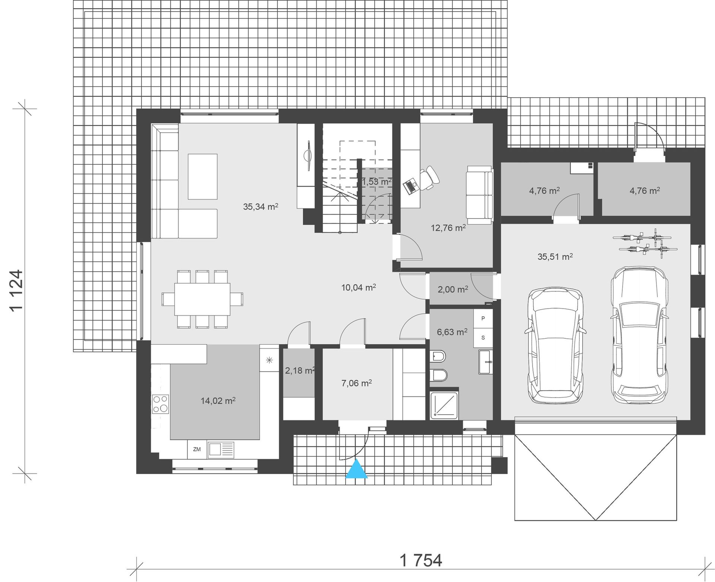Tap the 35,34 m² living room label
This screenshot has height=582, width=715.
(261, 206)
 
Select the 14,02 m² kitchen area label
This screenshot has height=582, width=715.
(218, 401)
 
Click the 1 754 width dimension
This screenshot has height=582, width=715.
(421, 560)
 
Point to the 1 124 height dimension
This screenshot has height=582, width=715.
(18, 290)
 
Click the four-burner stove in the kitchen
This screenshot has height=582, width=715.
(161, 404)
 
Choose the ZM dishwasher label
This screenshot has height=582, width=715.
(197, 449)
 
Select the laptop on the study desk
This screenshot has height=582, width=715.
(410, 186)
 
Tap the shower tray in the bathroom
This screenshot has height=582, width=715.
(444, 405)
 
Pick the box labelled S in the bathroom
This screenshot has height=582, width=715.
(483, 338)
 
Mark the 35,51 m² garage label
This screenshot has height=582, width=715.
(555, 256)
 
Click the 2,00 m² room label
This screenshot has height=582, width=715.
(453, 289)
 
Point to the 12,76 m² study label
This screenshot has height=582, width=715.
(448, 228)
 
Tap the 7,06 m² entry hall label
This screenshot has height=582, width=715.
(357, 383)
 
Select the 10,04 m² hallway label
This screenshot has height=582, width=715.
(358, 287)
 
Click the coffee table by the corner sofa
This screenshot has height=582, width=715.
(203, 177)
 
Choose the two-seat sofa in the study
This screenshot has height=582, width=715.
(480, 195)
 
